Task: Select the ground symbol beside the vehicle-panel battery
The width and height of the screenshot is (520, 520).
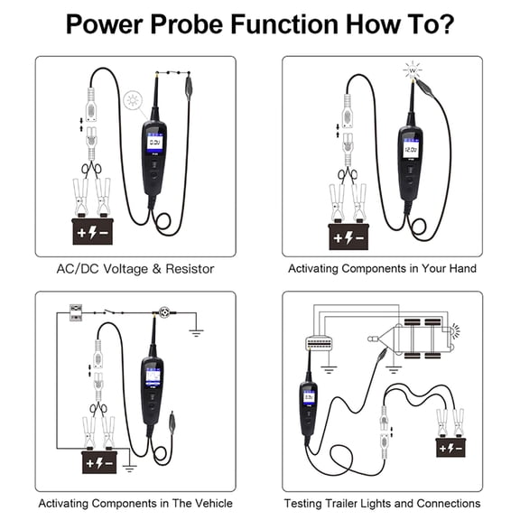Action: pyautogui.click(x=129, y=469)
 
